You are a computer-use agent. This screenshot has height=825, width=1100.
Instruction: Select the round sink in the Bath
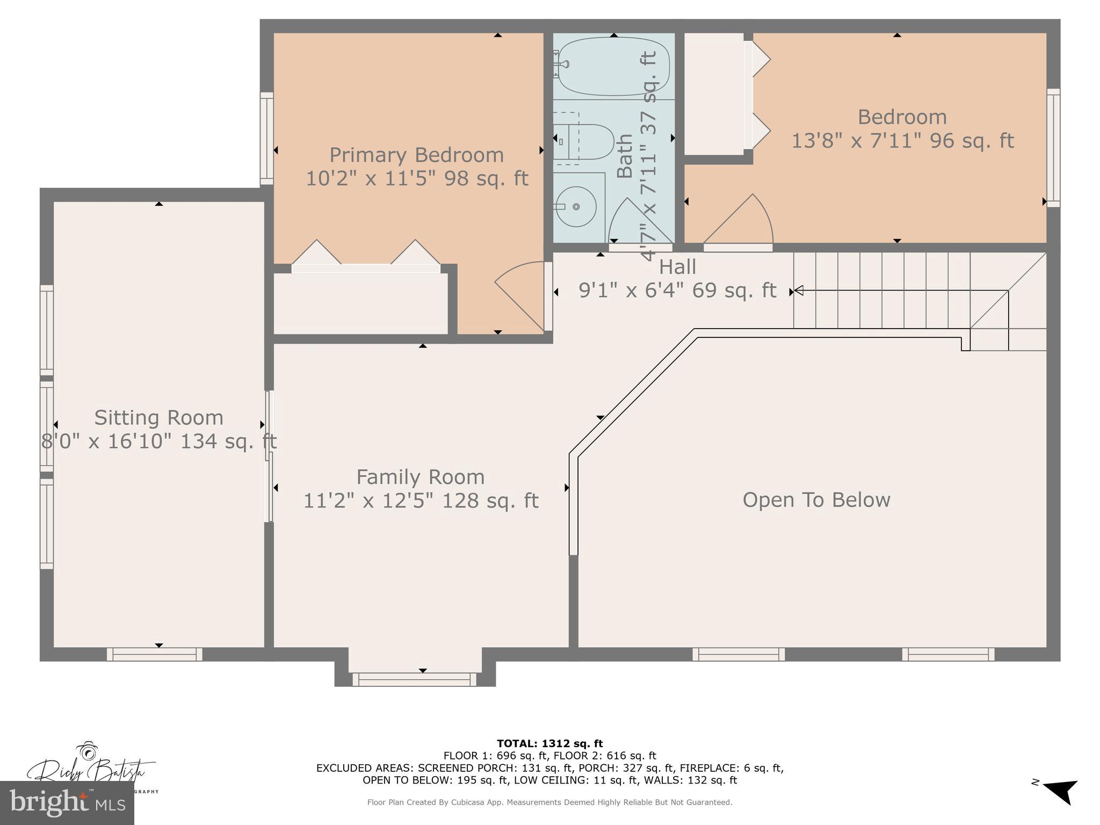[576, 207]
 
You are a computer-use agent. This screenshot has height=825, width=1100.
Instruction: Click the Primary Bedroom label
[416, 155]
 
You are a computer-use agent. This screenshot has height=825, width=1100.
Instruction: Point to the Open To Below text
[816, 500]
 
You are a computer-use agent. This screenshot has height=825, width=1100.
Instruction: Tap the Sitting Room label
[158, 418]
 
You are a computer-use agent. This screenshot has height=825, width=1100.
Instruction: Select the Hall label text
[677, 267]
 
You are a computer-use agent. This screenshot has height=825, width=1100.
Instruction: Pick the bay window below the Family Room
[414, 679]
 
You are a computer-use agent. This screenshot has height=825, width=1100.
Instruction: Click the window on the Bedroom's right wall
[1053, 148]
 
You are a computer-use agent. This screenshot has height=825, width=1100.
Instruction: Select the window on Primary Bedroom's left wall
[266, 139]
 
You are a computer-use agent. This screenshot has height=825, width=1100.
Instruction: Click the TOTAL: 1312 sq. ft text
[549, 743]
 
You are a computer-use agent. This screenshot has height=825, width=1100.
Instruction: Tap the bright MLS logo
[67, 803]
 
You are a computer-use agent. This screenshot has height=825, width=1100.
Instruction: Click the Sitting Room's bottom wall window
[154, 654]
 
